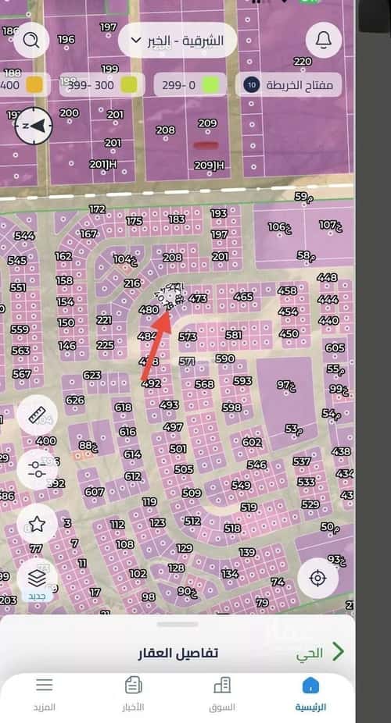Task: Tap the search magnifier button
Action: [31, 39]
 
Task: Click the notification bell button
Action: [323, 38]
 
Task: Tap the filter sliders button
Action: [36, 468]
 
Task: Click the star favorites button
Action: [36, 524]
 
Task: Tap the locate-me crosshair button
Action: [317, 579]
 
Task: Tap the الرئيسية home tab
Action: [310, 693]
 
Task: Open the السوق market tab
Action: [222, 693]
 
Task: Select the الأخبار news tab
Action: [134, 693]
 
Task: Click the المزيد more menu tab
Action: [45, 693]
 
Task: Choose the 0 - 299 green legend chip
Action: [188, 84]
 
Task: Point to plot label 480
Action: [148, 310]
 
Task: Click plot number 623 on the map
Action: [92, 376]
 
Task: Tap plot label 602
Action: [251, 442]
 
